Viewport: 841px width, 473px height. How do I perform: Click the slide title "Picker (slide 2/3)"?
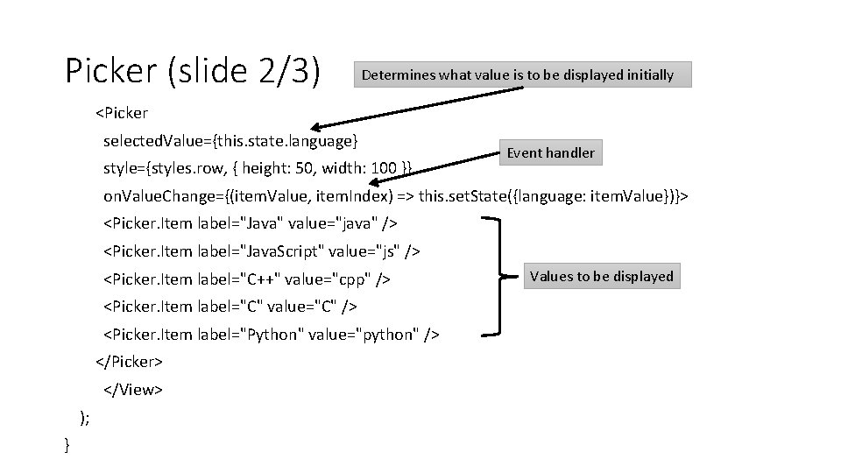click(193, 72)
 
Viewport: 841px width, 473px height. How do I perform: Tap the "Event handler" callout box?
click(550, 153)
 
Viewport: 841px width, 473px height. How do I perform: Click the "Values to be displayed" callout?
click(601, 277)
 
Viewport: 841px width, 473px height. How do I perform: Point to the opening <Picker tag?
click(122, 113)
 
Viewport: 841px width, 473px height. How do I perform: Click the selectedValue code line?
click(230, 140)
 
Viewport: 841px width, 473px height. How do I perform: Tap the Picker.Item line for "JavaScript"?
click(262, 251)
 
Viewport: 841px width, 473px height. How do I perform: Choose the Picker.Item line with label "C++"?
click(247, 279)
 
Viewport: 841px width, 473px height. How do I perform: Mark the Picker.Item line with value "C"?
click(230, 307)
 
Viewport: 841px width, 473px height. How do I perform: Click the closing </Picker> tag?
click(129, 362)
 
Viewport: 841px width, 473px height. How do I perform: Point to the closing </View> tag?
click(133, 389)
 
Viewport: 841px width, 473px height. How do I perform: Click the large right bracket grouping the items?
click(496, 277)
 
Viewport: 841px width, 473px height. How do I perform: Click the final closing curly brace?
click(68, 446)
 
